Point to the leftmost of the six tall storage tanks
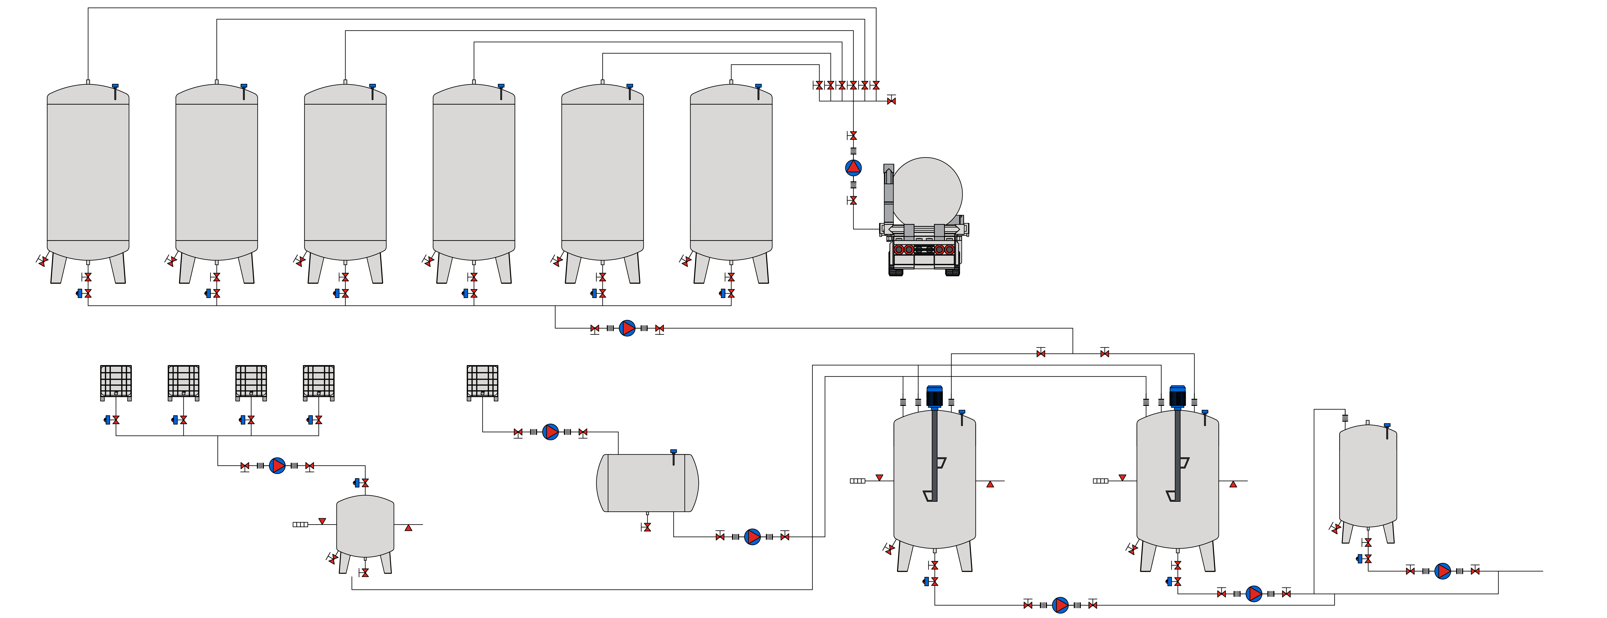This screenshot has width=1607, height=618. [88, 175]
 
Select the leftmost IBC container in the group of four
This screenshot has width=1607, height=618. [116, 382]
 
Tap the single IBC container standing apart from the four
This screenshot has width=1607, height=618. [482, 382]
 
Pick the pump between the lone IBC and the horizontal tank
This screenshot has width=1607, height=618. [550, 431]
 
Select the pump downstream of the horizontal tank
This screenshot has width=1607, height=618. [752, 536]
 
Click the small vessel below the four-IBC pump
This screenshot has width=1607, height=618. [365, 526]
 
